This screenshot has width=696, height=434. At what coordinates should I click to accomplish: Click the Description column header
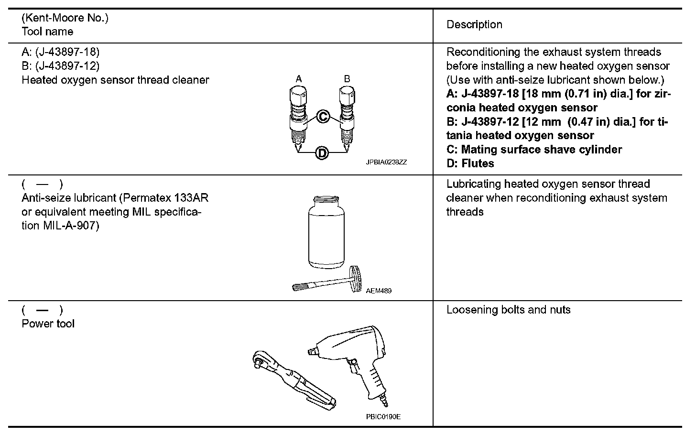coord(474,25)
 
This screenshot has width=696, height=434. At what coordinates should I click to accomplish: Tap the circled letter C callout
coord(323,116)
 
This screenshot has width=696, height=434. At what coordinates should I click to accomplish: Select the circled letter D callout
coord(322,153)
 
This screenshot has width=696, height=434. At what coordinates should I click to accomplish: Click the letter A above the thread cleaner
coord(298,79)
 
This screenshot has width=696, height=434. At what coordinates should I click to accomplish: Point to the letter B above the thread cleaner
coord(347,79)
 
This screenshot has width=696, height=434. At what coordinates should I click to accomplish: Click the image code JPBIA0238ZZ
coord(386,163)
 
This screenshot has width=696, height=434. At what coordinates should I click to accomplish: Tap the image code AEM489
coord(379,291)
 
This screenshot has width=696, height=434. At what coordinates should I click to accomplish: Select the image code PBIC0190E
coord(383,417)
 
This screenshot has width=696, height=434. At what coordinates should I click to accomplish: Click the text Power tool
coord(48,324)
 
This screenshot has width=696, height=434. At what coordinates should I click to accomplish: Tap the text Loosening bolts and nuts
coord(508,310)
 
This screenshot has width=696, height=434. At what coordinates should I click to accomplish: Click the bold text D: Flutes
coord(470,163)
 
